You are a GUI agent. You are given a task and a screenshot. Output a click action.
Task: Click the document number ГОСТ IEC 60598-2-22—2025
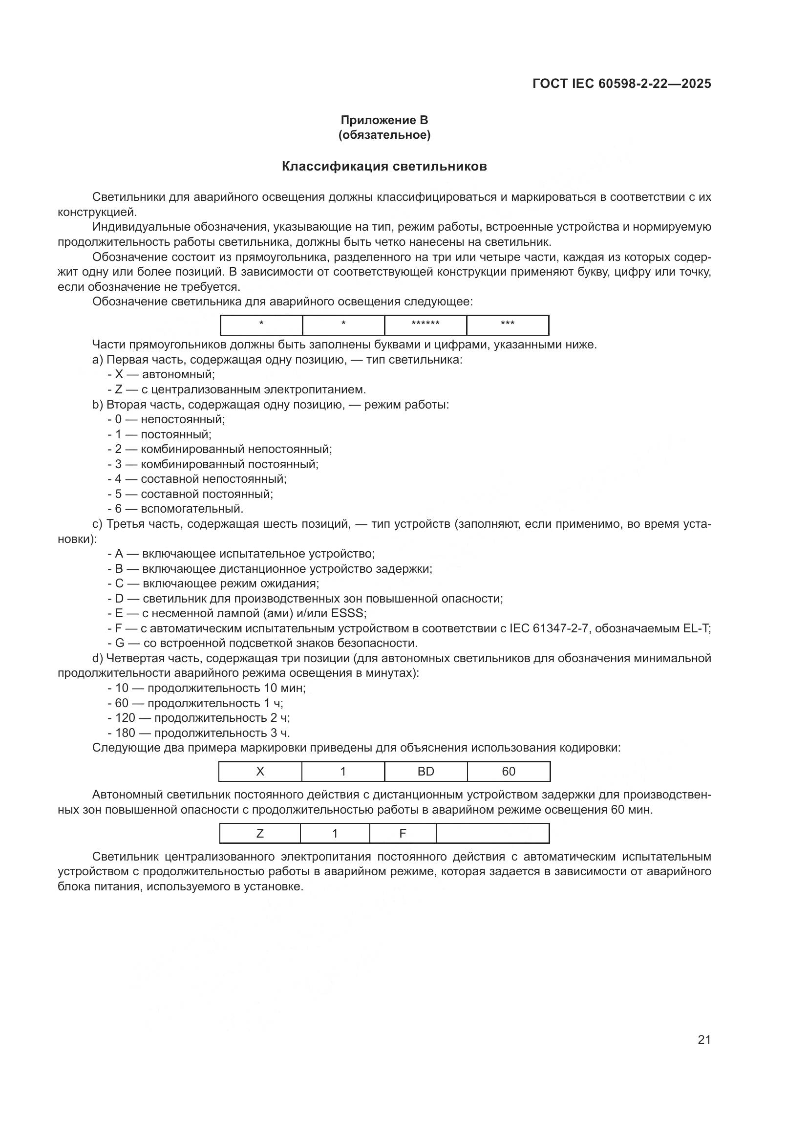[x=621, y=84]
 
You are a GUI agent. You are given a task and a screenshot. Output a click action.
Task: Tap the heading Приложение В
[x=384, y=120]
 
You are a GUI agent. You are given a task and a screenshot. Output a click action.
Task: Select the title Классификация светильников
[x=384, y=166]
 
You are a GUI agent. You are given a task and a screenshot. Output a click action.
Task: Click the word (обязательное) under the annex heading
[x=384, y=135]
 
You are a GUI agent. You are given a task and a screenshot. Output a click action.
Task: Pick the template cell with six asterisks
[x=425, y=324]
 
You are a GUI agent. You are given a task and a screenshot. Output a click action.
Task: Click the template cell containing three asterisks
[x=508, y=324]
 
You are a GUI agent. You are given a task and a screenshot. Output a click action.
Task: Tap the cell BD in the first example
[x=426, y=772]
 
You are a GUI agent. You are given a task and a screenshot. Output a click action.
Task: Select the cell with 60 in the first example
[x=509, y=772]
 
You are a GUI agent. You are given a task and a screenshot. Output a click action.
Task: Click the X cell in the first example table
[x=260, y=772]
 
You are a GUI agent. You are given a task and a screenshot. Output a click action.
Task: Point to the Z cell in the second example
[x=260, y=833]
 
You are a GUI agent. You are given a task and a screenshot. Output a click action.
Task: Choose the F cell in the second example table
[x=403, y=833]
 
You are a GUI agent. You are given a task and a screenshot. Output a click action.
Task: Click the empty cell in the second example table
[x=492, y=833]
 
